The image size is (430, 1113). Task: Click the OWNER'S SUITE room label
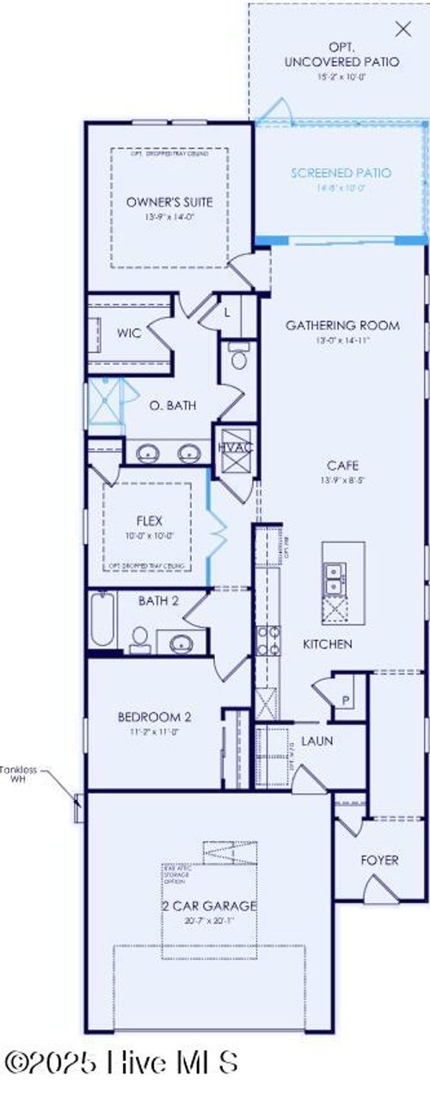coord(169,202)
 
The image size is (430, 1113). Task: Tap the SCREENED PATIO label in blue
coord(341,173)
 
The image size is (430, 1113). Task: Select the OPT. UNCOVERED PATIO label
coord(341,53)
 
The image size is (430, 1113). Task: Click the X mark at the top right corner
coord(402,28)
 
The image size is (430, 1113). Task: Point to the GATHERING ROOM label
coord(342,325)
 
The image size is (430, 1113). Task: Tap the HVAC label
coord(234,447)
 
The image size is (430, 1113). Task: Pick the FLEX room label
coord(150,521)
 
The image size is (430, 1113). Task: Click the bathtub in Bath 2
coord(101,621)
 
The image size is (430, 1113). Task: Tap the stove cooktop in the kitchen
coord(265,639)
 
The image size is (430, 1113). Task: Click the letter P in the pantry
coord(346,701)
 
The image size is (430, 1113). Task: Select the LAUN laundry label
coord(316,740)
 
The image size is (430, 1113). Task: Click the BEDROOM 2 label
coord(154,716)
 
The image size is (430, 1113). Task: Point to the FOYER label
coord(379,859)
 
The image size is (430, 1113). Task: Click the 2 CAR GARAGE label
coord(209,906)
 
